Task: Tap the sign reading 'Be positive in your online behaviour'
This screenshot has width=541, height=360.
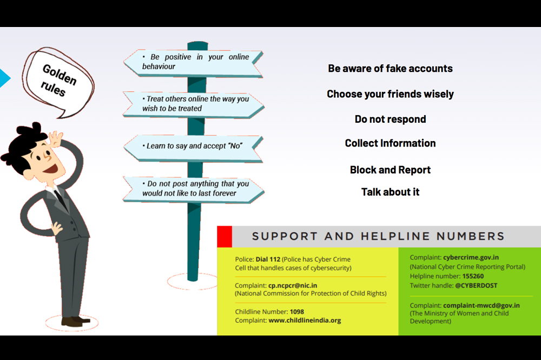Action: tap(195, 62)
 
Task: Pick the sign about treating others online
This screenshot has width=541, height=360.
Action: tap(195, 103)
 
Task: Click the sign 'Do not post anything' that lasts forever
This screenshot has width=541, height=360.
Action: tap(195, 188)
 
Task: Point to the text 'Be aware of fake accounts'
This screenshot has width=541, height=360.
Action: tap(390, 69)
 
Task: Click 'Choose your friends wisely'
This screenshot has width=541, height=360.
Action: tap(390, 94)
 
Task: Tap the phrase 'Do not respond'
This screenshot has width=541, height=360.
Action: tap(390, 119)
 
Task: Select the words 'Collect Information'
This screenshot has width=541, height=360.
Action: tap(390, 143)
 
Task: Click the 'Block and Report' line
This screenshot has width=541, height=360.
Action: tap(390, 170)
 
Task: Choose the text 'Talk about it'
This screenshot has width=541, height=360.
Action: tap(390, 192)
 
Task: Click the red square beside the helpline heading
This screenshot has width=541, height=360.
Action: tap(225, 236)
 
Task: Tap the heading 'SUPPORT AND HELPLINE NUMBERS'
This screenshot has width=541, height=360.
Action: tap(378, 236)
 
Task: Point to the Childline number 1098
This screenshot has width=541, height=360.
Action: tap(297, 311)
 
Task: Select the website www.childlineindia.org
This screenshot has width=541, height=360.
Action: tap(305, 320)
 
